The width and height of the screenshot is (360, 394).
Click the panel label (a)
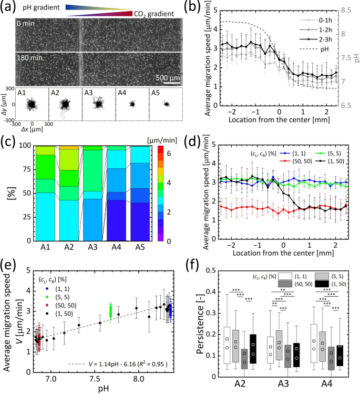8,7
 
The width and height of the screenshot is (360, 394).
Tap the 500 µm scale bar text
169,78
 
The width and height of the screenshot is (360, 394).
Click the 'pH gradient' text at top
46,8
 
